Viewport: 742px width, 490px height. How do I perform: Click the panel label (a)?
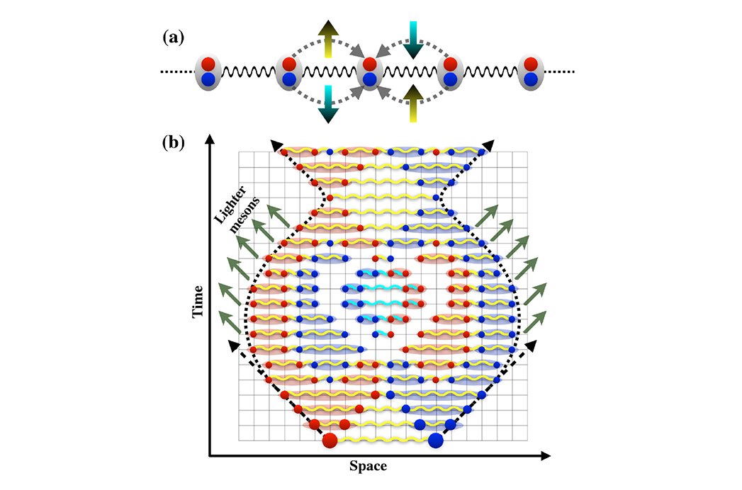(x=173, y=38)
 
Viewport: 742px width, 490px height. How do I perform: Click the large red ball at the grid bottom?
(x=330, y=440)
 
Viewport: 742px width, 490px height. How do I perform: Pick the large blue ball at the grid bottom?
(x=436, y=440)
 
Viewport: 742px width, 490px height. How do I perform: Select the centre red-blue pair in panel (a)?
(x=369, y=72)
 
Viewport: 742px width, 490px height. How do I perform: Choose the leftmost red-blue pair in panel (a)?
(x=208, y=72)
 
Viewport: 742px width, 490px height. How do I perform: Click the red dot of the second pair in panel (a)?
(x=288, y=64)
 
